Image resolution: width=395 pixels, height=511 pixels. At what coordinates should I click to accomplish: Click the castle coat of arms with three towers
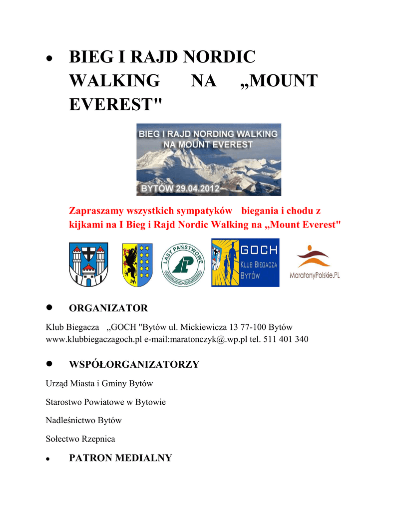[x=88, y=264]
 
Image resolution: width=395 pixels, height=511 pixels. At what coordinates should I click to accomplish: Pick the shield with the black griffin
[x=137, y=264]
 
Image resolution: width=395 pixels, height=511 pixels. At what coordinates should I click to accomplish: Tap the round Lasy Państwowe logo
[x=182, y=264]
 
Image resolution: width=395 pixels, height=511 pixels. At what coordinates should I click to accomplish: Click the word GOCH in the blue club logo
[x=259, y=250]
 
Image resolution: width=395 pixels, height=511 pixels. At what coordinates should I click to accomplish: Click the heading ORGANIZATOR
[x=108, y=308]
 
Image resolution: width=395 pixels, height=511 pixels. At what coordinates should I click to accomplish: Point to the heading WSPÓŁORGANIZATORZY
[x=134, y=364]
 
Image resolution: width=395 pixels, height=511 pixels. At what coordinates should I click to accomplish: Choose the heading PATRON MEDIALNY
[x=120, y=458]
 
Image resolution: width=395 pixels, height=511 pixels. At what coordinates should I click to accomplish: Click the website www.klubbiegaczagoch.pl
[x=94, y=339]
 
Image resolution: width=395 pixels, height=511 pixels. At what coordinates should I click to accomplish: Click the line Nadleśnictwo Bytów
[x=83, y=420]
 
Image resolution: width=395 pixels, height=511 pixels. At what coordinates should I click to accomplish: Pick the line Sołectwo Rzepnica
[x=80, y=439]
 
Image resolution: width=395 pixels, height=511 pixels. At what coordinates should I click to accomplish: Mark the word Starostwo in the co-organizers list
[x=63, y=402]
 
